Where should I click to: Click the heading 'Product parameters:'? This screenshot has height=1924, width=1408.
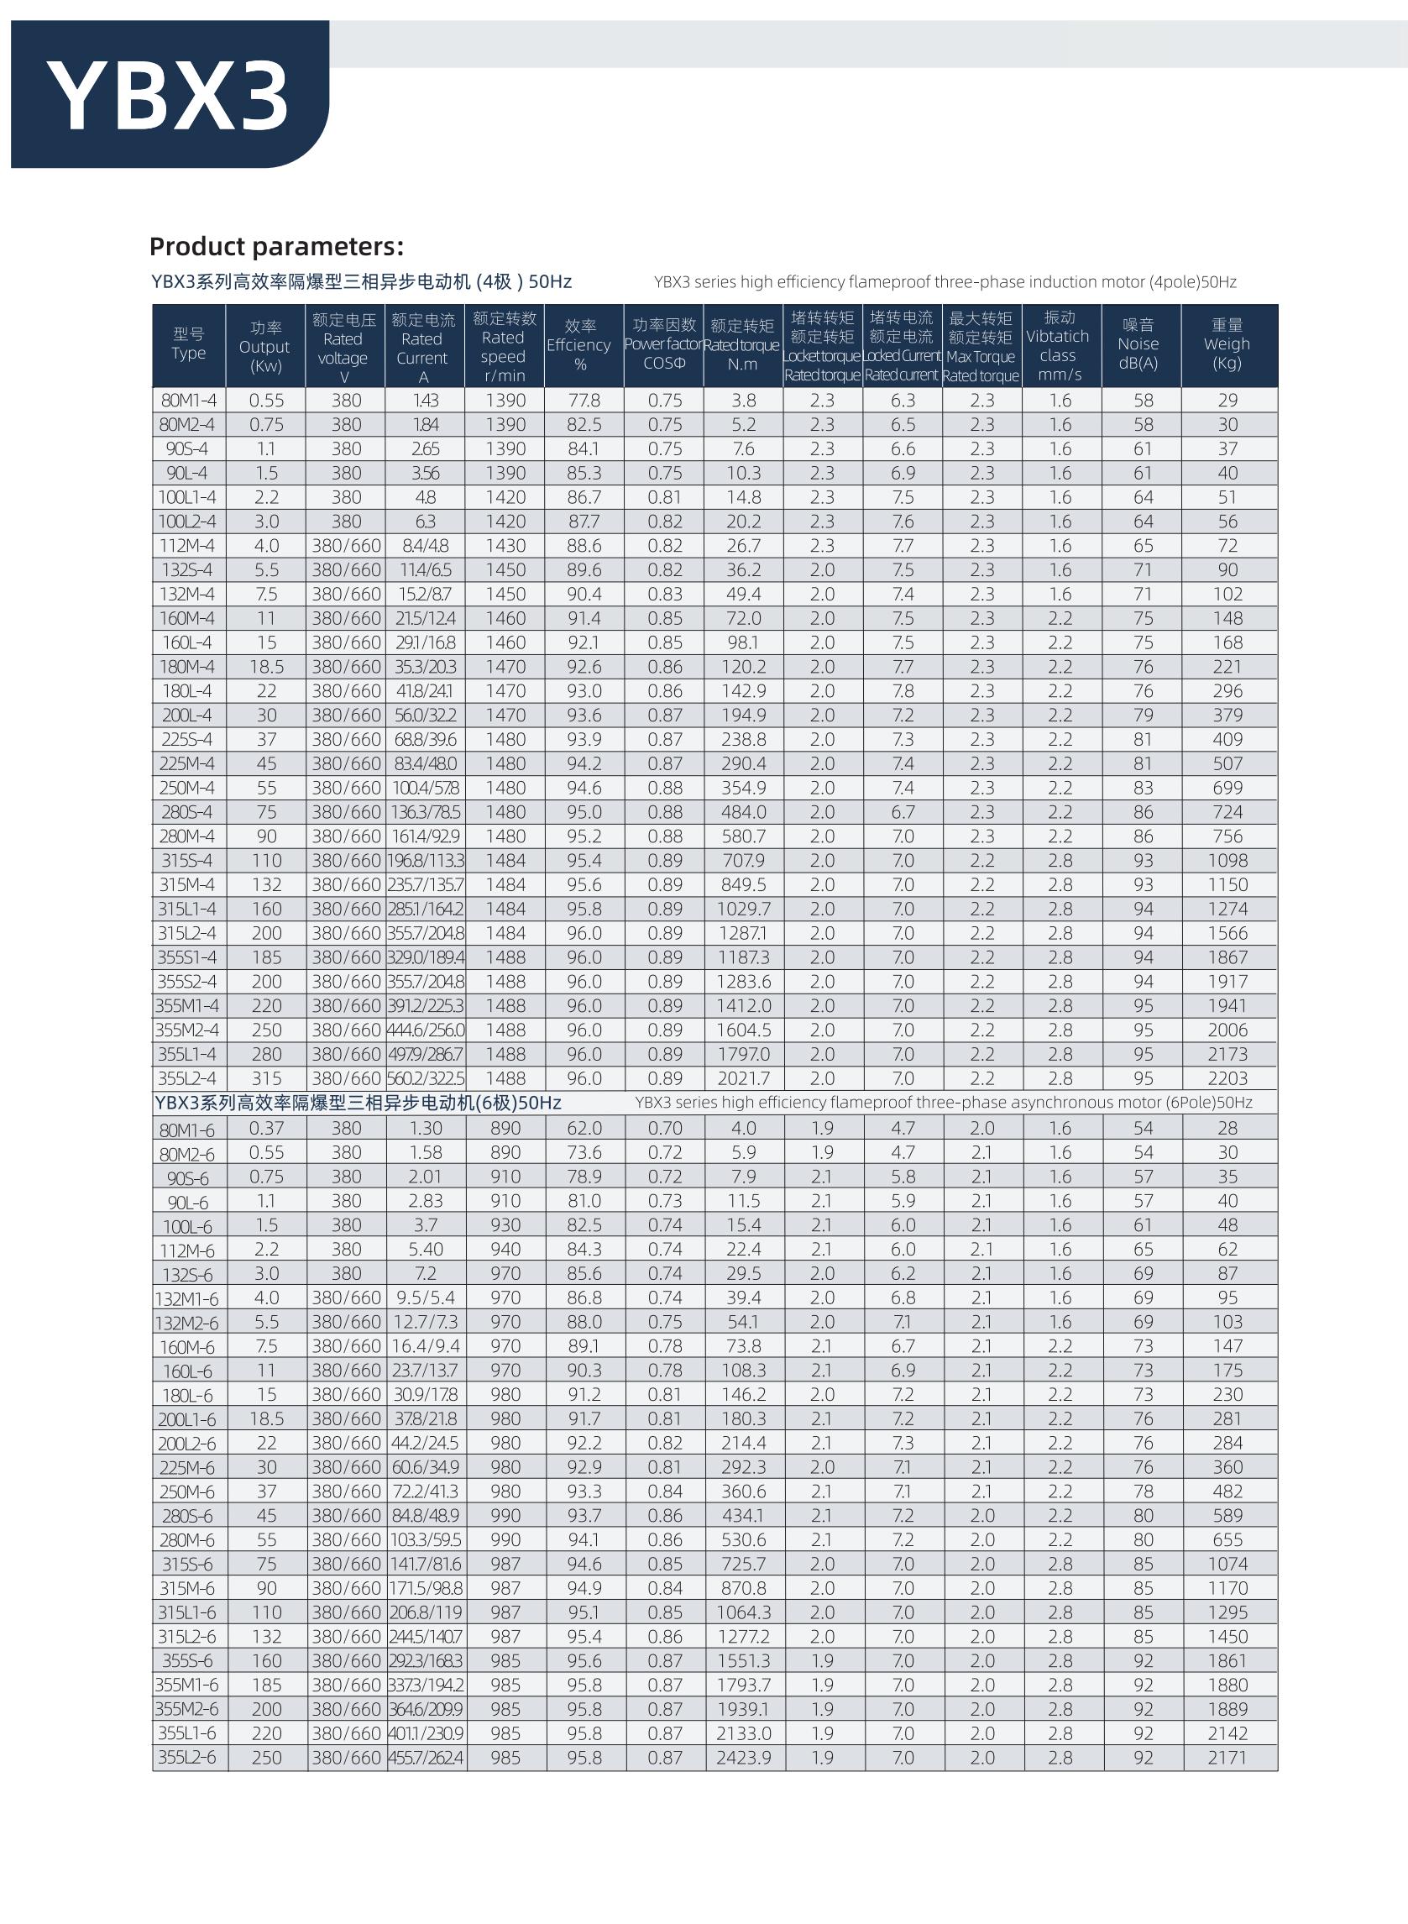[276, 246]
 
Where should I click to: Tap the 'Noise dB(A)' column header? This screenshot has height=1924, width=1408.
[1139, 344]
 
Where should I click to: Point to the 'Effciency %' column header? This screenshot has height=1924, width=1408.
[579, 345]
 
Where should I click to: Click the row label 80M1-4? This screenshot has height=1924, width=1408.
[188, 401]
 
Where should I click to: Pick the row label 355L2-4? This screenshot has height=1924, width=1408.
[187, 1078]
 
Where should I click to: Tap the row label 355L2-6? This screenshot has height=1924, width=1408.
[187, 1758]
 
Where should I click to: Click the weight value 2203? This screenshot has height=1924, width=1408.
[1227, 1078]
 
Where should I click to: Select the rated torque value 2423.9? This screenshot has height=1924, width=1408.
[743, 1758]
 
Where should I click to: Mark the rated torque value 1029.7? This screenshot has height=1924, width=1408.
[743, 909]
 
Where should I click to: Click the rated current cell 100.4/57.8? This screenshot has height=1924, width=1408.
[425, 788]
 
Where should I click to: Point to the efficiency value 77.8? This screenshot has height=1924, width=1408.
[584, 401]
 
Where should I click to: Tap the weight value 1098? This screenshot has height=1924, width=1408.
[1227, 860]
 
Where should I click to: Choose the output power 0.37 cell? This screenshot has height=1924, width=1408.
[267, 1129]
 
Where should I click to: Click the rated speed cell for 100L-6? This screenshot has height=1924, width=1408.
[505, 1225]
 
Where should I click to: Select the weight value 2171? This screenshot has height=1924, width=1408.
[1227, 1758]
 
